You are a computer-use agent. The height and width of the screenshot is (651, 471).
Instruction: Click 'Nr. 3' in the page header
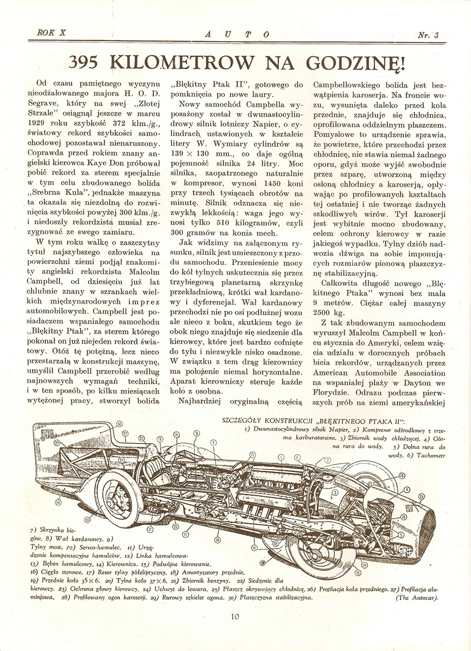click(x=428, y=34)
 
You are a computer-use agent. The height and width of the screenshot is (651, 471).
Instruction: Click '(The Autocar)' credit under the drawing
click(x=417, y=597)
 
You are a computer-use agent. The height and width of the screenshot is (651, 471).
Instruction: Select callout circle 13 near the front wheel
click(x=402, y=476)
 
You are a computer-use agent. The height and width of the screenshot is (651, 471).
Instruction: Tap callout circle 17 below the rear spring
click(x=150, y=530)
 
